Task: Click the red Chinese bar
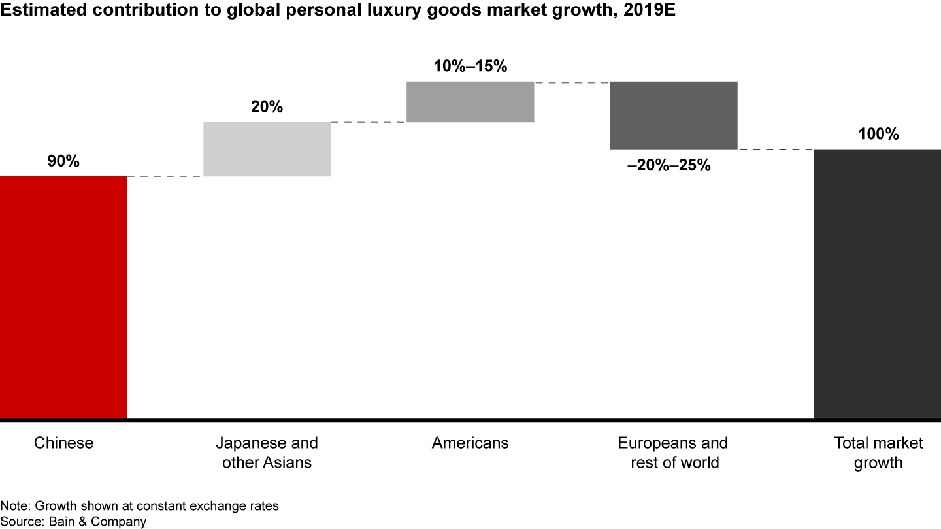(x=63, y=297)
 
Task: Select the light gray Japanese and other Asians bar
(x=267, y=149)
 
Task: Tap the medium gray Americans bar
(x=470, y=101)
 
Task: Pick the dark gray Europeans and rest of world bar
(x=674, y=115)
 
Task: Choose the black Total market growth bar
(x=877, y=283)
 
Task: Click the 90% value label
(x=63, y=161)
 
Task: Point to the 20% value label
(x=267, y=107)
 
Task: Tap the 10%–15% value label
(x=470, y=66)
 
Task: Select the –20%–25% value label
(x=669, y=165)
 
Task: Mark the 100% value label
(x=878, y=135)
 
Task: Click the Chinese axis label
(x=63, y=443)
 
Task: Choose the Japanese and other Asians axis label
(x=267, y=453)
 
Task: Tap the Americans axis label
(x=470, y=443)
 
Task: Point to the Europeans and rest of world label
(x=674, y=453)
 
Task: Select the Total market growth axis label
(x=878, y=453)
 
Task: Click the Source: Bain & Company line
(x=73, y=521)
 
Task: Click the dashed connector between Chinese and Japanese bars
(x=165, y=176)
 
